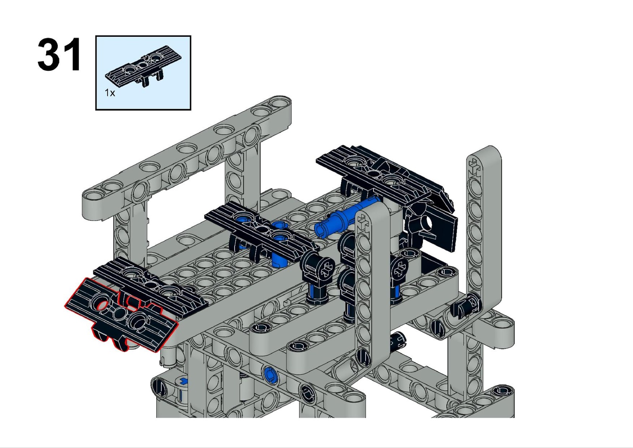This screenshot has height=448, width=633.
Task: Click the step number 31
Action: (x=59, y=55)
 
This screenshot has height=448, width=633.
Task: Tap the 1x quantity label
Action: (x=110, y=93)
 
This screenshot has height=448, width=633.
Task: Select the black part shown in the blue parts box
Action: (x=143, y=66)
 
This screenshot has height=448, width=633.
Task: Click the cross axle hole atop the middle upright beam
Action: (x=362, y=223)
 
